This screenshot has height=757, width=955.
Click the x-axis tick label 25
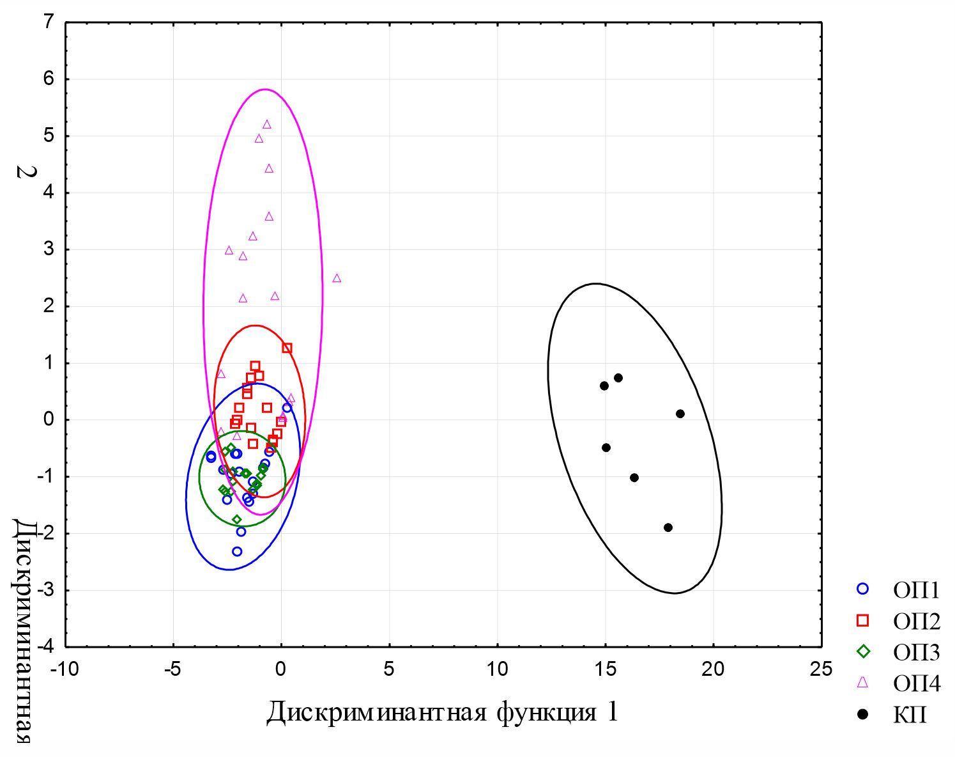[x=821, y=669]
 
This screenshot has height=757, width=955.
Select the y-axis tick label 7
[x=49, y=23]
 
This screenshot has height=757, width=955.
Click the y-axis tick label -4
[x=46, y=646]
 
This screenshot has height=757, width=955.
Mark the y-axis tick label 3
[x=49, y=249]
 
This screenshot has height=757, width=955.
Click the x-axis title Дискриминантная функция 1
[x=442, y=712]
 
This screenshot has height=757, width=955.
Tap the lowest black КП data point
[x=668, y=527]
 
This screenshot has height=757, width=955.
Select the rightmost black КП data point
[x=680, y=414]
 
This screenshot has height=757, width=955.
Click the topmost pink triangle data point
[x=267, y=125]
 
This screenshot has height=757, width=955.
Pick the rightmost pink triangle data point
[x=337, y=278]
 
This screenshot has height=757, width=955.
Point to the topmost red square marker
[x=287, y=348]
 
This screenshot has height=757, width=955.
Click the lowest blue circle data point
[x=237, y=551]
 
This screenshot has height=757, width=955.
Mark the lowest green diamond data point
[x=237, y=520]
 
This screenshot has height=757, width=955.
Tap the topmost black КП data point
[x=618, y=378]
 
